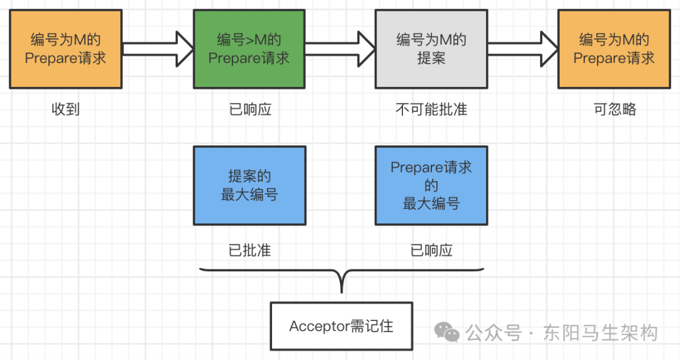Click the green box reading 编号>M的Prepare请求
tap(249, 49)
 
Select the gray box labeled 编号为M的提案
tap(431, 49)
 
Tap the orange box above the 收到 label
tap(66, 49)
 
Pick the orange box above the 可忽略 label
tap(614, 49)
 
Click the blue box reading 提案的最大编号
tap(249, 186)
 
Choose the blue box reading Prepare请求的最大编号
tap(431, 186)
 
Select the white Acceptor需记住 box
tap(341, 326)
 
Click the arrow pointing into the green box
tap(157, 48)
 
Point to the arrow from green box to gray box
tap(340, 48)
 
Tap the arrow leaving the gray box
tap(523, 48)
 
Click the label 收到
tap(65, 110)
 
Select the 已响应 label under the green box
tap(249, 110)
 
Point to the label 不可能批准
tap(431, 110)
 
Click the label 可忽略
tap(615, 110)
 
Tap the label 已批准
tap(249, 250)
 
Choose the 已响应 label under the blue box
tap(431, 250)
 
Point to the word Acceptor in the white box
tap(319, 326)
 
